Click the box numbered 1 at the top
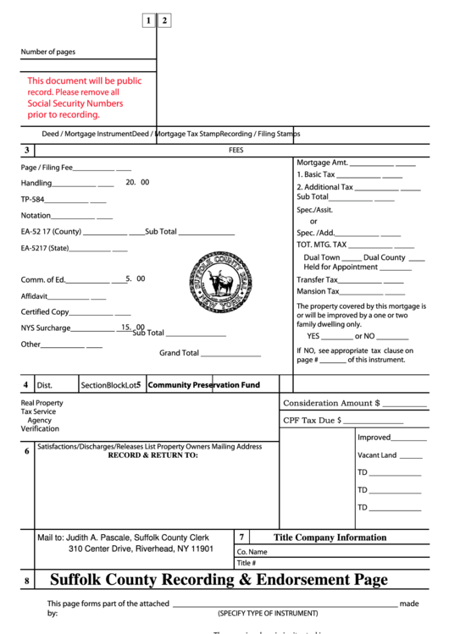[148, 20]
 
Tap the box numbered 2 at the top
[164, 20]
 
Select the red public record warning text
[84, 97]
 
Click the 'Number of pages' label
[47, 52]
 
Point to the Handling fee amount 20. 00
[137, 182]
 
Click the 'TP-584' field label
[32, 200]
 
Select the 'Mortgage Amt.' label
[322, 163]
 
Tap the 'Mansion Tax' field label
[316, 291]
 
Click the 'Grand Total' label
[179, 353]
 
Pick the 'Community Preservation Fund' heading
[203, 384]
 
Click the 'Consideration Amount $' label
[331, 403]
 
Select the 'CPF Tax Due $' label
[312, 419]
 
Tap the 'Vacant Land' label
[377, 455]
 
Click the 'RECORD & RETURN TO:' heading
[152, 455]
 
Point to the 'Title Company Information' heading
[330, 538]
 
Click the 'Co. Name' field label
[252, 552]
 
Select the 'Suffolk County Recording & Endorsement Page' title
[219, 580]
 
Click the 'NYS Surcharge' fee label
[46, 328]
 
